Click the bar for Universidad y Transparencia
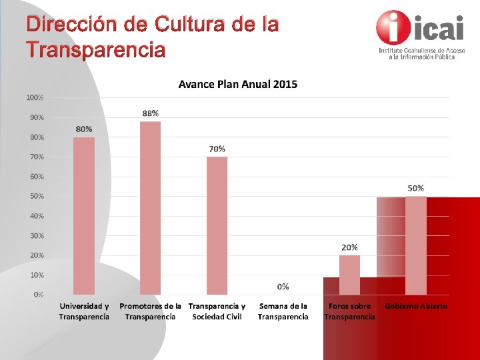click(84, 215)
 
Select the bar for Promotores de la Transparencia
click(150, 207)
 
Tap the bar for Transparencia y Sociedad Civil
click(217, 225)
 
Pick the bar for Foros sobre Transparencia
click(349, 275)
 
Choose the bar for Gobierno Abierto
click(416, 245)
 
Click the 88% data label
click(151, 113)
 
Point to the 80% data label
click(84, 129)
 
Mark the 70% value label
click(217, 149)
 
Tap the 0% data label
click(283, 286)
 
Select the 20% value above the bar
click(349, 247)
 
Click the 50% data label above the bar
click(416, 188)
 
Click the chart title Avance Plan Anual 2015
click(238, 84)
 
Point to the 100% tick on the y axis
click(35, 97)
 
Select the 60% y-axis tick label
click(37, 177)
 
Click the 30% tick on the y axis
click(37, 235)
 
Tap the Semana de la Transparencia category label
click(283, 311)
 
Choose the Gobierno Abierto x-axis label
click(416, 306)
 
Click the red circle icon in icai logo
click(393, 27)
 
